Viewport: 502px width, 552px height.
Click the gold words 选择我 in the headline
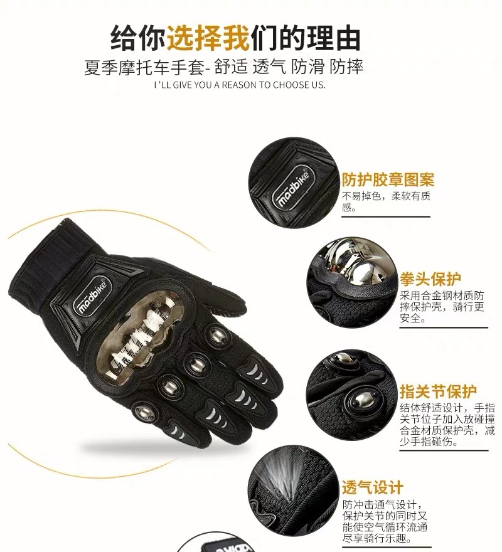click(208, 38)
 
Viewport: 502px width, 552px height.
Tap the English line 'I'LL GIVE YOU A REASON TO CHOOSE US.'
click(240, 85)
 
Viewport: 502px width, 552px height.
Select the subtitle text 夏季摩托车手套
click(144, 67)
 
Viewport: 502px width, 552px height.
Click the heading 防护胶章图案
click(388, 179)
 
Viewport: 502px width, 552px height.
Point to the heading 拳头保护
click(430, 279)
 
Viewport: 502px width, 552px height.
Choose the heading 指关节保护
click(438, 391)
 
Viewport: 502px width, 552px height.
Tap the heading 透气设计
click(372, 487)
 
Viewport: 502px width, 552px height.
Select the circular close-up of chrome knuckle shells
click(351, 281)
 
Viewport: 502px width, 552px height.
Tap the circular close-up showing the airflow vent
click(292, 490)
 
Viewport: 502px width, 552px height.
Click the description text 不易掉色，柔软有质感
click(386, 201)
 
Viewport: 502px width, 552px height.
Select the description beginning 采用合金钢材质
click(442, 307)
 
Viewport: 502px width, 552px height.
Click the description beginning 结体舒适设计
click(447, 425)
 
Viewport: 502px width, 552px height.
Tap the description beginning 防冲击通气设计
click(385, 521)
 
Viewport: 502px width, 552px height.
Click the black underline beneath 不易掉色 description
click(386, 216)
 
